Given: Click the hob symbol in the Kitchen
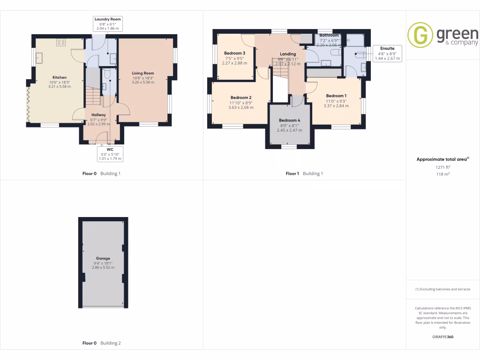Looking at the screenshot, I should pos(61,43).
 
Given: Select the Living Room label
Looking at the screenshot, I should pos(143,73).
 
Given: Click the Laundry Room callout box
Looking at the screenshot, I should pos(108,24).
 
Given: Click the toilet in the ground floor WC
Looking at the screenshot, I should pos(106,74).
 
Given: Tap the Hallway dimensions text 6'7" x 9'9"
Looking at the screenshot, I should pos(98,120).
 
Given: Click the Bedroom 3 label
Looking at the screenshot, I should pos(234,53).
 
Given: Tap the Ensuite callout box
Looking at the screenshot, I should pos(387,53).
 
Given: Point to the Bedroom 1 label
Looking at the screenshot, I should pos(336,95).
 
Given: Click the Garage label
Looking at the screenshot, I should pos(103,258).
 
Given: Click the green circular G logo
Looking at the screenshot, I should pos(420,35).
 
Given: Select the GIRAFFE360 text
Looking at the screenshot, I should pos(442,337).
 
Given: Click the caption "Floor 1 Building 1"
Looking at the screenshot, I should pos(305,173).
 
